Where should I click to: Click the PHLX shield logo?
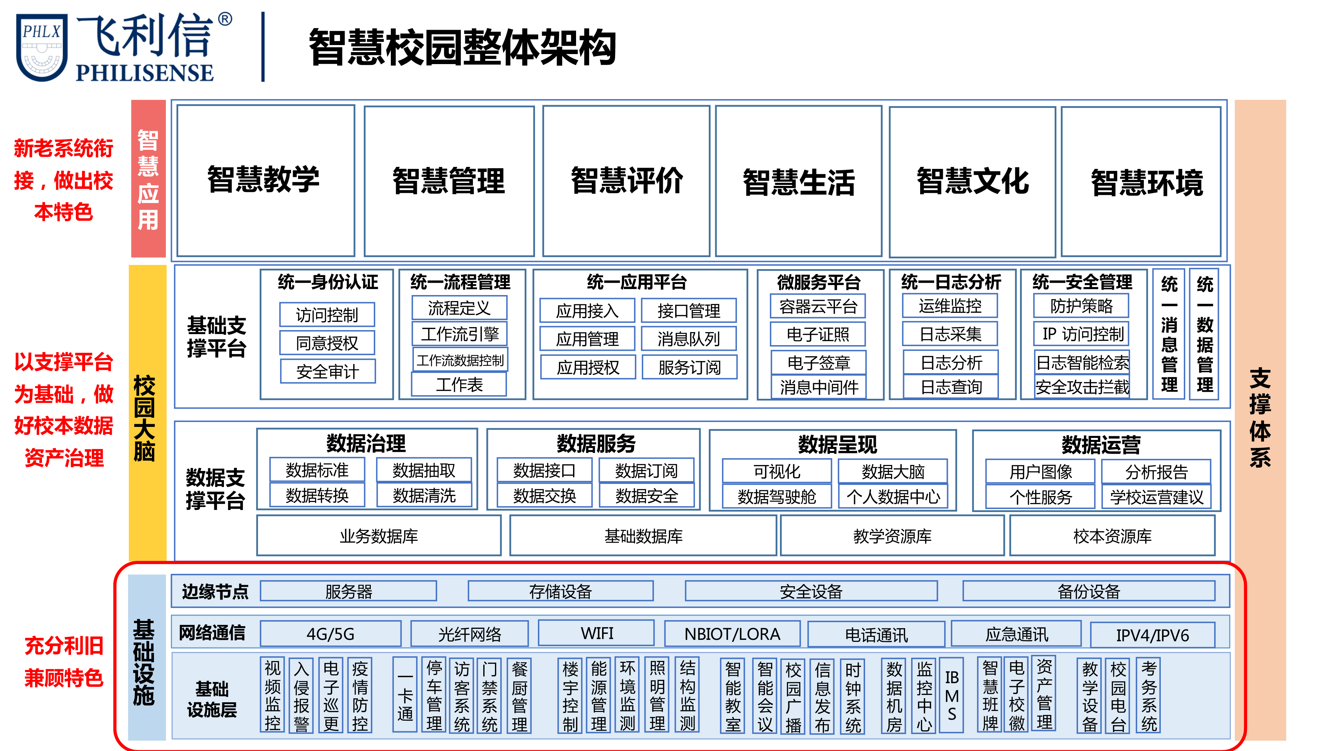(x=41, y=48)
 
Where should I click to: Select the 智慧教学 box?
(x=265, y=180)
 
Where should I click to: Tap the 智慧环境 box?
(x=1141, y=181)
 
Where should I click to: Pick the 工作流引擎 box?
(x=459, y=334)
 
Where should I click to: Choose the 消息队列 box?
(x=689, y=339)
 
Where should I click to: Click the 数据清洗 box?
(x=424, y=495)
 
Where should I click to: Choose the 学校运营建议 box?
(x=1156, y=497)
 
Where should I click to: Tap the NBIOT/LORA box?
(x=732, y=634)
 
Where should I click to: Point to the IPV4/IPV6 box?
(x=1152, y=635)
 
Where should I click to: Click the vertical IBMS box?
(x=952, y=695)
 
